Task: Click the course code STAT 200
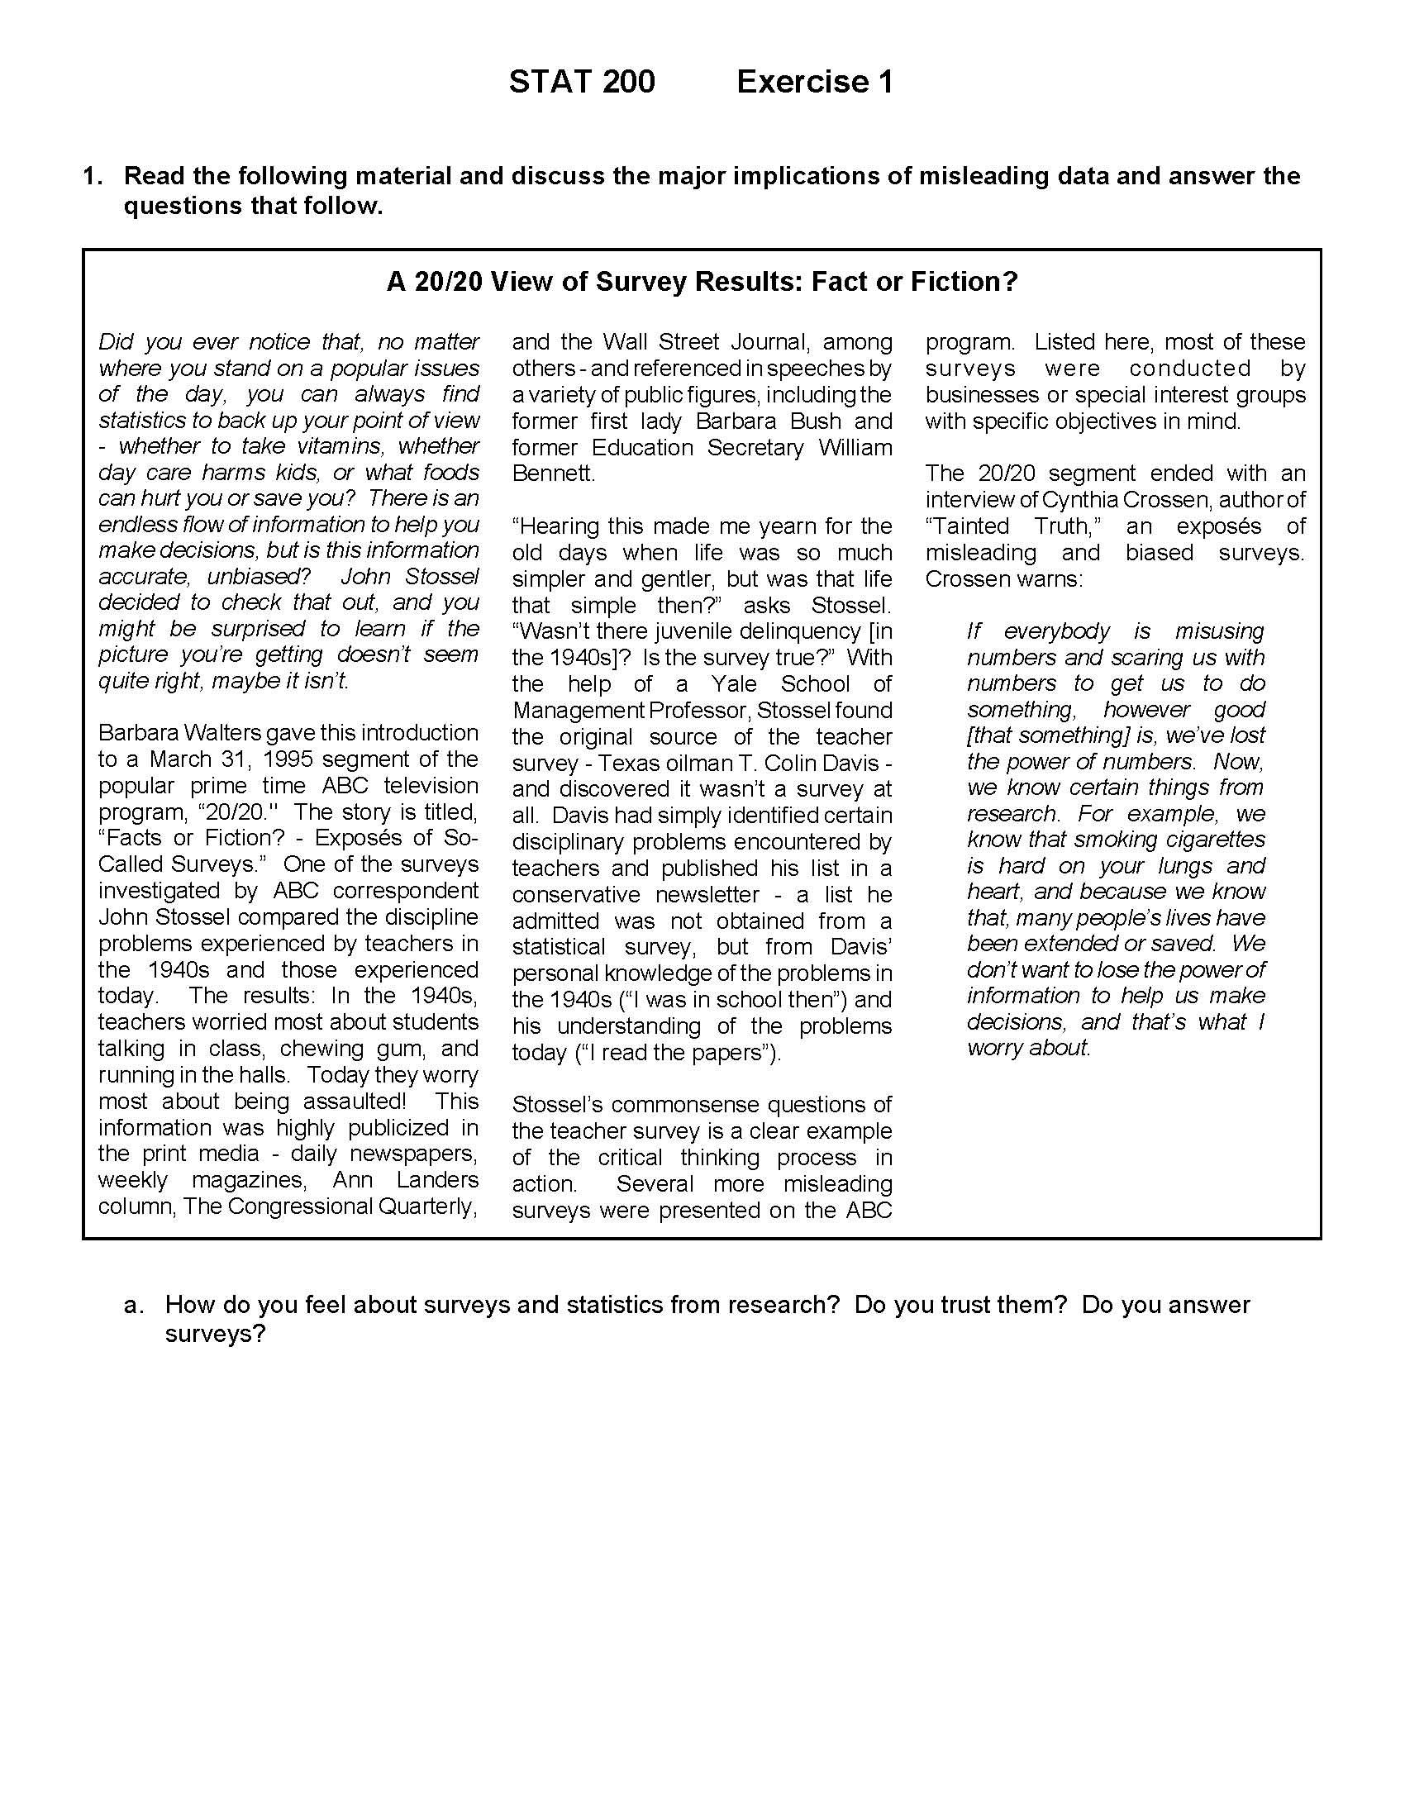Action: tap(582, 82)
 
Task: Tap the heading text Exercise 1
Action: tap(814, 82)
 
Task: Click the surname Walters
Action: tap(215, 732)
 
